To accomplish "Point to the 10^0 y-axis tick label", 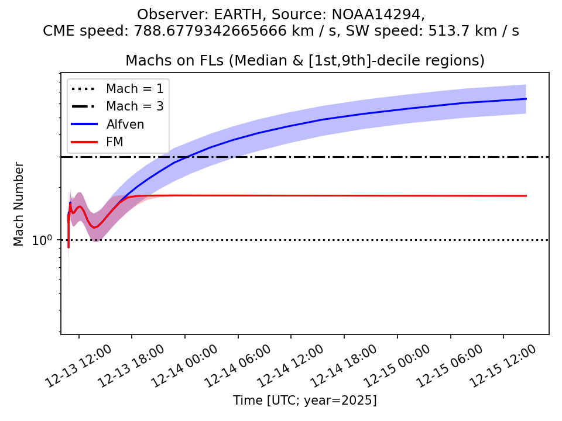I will [42, 240].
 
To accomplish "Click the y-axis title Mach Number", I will [19, 203].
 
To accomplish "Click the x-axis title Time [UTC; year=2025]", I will [304, 401].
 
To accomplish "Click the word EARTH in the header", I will [221, 14].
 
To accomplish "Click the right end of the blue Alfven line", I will [526, 99].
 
